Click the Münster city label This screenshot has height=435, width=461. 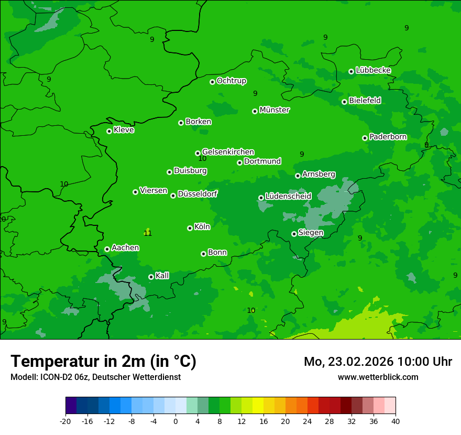pyautogui.click(x=275, y=110)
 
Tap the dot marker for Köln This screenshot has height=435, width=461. pyautogui.click(x=190, y=228)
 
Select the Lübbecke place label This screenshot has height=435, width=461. pyautogui.click(x=373, y=70)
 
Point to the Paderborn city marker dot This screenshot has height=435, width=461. pyautogui.click(x=365, y=138)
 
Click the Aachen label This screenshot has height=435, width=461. pyautogui.click(x=125, y=248)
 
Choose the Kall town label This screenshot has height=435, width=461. pyautogui.click(x=162, y=276)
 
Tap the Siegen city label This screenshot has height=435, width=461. pyautogui.click(x=311, y=233)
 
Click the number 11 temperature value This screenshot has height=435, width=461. pyautogui.click(x=148, y=233)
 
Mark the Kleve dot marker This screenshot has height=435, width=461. pyautogui.click(x=109, y=131)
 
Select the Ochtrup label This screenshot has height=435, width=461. pyautogui.click(x=231, y=81)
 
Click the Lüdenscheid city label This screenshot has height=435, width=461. pyautogui.click(x=288, y=197)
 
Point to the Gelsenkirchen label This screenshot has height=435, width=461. pyautogui.click(x=228, y=152)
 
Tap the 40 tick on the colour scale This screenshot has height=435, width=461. pyautogui.click(x=395, y=421)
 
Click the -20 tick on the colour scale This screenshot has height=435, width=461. pyautogui.click(x=65, y=421)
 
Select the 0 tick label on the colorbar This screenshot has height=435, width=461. pyautogui.click(x=175, y=421)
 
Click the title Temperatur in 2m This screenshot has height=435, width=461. pyautogui.click(x=103, y=362)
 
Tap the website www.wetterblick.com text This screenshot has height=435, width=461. pyautogui.click(x=378, y=377)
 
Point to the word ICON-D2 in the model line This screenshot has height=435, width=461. pyautogui.click(x=51, y=377)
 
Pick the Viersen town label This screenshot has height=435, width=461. pyautogui.click(x=153, y=191)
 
